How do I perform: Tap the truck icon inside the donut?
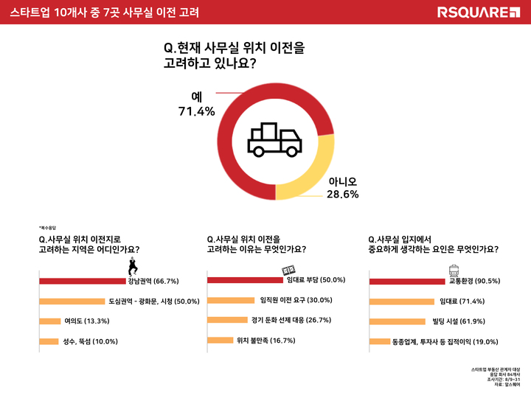click(274, 140)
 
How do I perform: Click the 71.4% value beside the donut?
click(195, 112)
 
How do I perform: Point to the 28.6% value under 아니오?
click(343, 195)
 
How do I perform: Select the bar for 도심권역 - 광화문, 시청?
click(72, 301)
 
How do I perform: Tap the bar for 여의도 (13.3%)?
click(49, 321)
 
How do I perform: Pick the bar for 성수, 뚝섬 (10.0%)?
click(48, 341)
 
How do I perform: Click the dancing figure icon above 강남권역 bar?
click(133, 267)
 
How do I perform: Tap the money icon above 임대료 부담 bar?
click(289, 270)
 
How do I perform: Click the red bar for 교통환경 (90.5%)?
click(407, 281)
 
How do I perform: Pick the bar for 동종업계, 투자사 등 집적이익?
click(379, 341)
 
